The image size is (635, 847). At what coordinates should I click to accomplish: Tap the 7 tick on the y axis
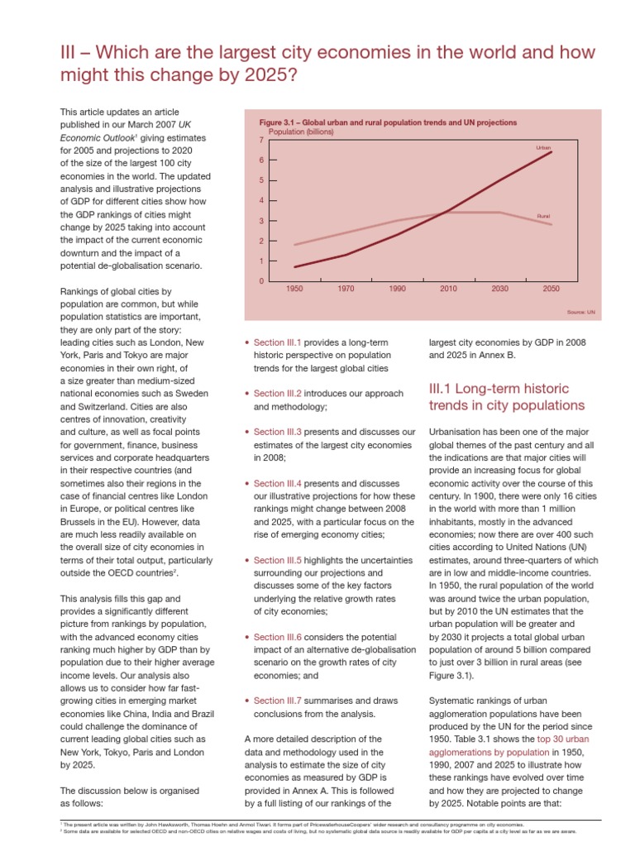point(261,141)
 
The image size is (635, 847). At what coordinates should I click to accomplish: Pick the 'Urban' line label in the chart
point(543,147)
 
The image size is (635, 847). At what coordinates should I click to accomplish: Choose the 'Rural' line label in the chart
point(543,215)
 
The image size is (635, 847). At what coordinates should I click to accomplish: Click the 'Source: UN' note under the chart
point(581,312)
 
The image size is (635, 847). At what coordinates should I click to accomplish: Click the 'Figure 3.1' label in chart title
point(281,122)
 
